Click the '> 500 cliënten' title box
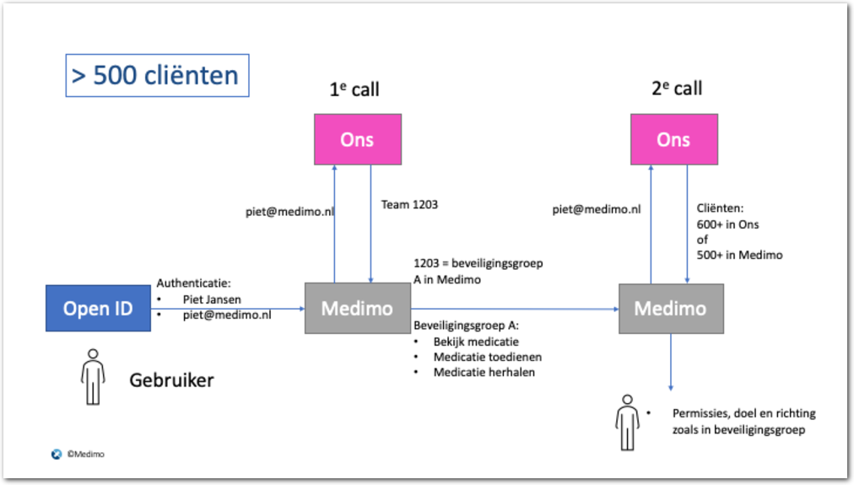pos(157,75)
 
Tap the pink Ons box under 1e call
pos(357,139)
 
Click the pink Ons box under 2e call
pos(673,139)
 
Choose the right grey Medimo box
pos(670,309)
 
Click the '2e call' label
pos(677,89)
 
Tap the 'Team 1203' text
pos(410,205)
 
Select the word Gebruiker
pos(171,380)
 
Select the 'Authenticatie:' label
pos(194,284)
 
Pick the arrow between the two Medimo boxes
pos(515,310)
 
